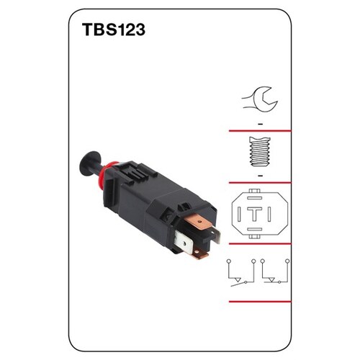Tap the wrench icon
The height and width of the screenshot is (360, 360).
pyautogui.click(x=257, y=96)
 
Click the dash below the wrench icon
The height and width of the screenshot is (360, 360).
pyautogui.click(x=258, y=124)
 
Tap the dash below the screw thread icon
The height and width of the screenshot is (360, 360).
pyautogui.click(x=258, y=176)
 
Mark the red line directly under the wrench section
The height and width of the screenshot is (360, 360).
pyautogui.click(x=259, y=132)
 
